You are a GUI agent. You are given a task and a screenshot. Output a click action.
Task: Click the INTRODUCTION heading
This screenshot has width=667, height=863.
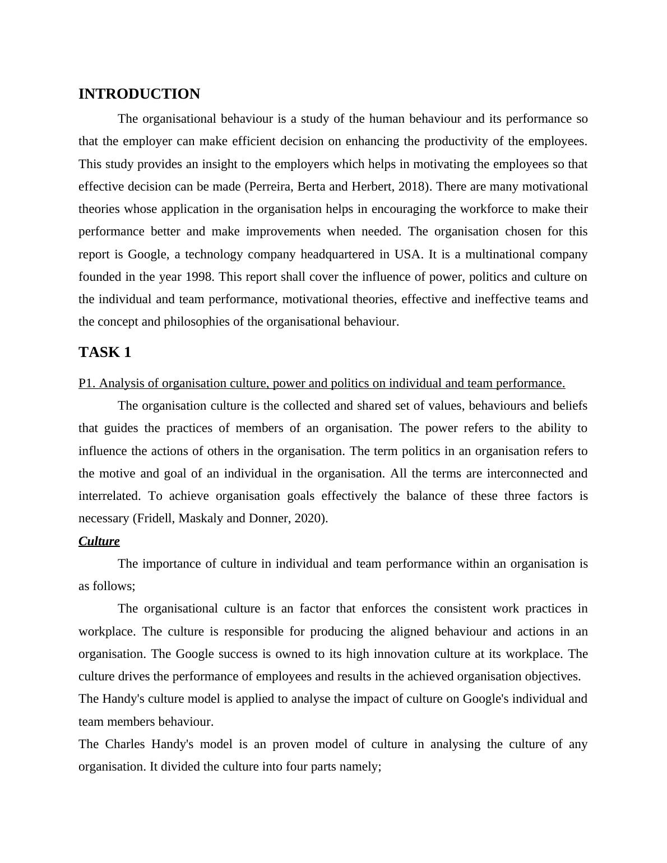click(x=139, y=94)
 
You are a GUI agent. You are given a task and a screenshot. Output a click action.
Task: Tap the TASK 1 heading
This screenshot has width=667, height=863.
click(x=105, y=352)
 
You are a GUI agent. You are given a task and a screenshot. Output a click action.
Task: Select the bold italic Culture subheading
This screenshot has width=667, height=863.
click(x=99, y=541)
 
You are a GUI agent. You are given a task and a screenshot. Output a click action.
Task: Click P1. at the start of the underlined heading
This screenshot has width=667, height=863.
click(x=87, y=383)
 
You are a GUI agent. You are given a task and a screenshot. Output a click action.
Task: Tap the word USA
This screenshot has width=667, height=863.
click(x=407, y=254)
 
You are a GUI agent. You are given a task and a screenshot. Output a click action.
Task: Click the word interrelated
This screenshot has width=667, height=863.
click(x=109, y=496)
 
